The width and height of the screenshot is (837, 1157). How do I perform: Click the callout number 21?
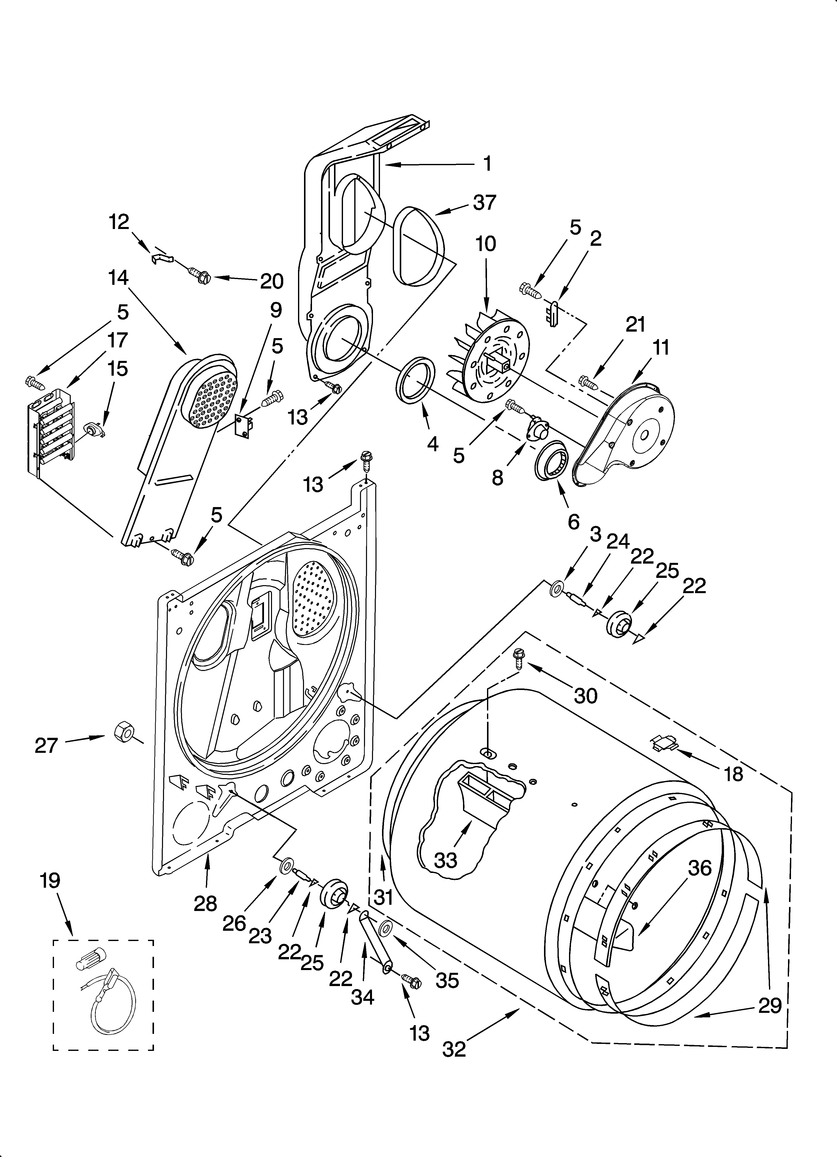coord(635,324)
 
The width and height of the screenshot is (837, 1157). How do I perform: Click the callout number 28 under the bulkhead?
coord(205,903)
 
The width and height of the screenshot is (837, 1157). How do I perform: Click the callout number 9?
coord(276,310)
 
